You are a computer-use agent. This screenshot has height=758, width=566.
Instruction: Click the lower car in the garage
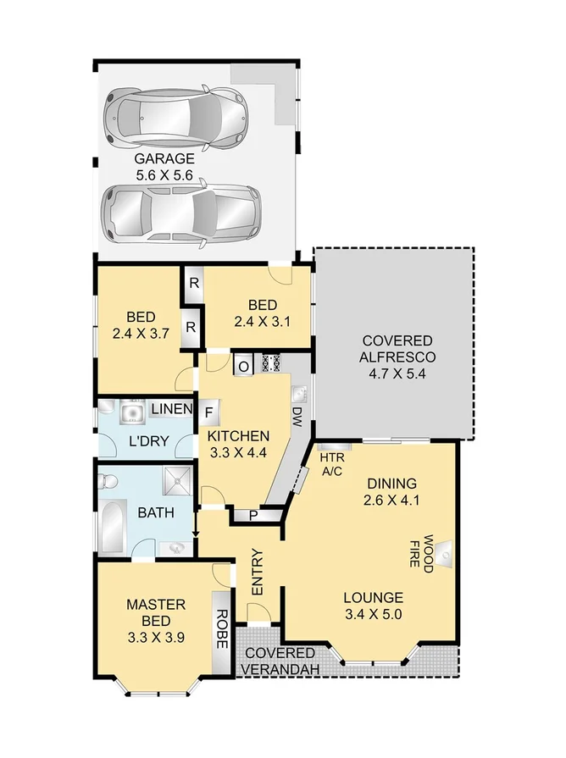click(179, 215)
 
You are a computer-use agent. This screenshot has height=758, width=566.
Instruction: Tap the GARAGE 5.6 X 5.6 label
click(164, 166)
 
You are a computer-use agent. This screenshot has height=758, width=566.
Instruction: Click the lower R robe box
click(191, 326)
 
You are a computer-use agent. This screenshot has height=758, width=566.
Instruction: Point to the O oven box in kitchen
click(243, 366)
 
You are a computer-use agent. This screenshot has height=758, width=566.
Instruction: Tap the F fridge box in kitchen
click(208, 413)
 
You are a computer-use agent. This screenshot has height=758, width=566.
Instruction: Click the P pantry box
click(253, 516)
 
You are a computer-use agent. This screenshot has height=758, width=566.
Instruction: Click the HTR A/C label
click(330, 465)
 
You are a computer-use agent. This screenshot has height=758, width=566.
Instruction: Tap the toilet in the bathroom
click(108, 483)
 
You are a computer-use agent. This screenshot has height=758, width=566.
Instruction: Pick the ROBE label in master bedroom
click(222, 628)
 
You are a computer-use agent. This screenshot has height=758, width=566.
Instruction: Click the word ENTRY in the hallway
click(258, 573)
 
